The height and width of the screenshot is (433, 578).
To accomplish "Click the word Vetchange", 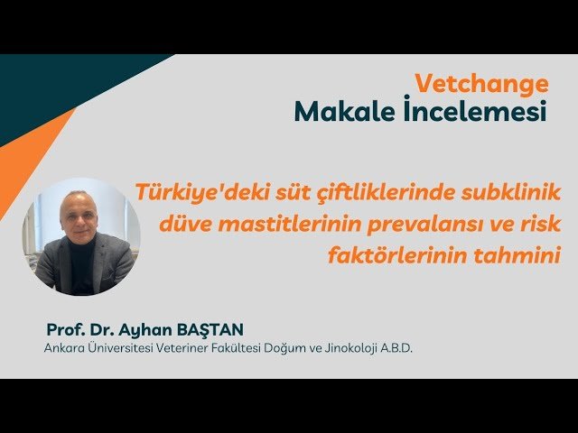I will (x=481, y=84).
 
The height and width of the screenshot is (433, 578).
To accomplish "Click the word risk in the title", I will (x=540, y=223).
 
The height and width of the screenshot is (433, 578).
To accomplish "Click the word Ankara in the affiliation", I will (x=63, y=347).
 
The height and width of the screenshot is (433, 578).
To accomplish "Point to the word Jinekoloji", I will (x=333, y=347).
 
